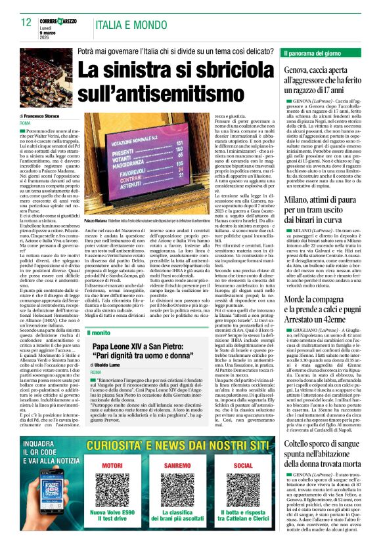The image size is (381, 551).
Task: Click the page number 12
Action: click(26, 22)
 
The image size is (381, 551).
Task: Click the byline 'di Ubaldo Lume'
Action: click(108, 365)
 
